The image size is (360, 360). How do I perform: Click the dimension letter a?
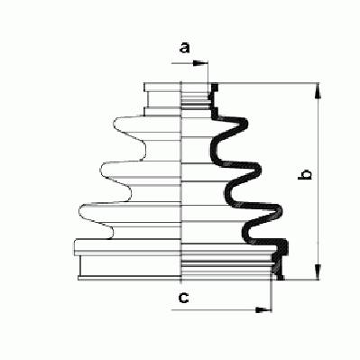coord(184,48)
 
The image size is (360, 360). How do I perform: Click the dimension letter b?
coord(304,175)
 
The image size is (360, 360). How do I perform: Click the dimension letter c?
coord(183,298)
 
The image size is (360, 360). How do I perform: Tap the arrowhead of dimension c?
coord(263,309)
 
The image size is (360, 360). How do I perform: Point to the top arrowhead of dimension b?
coord(318,91)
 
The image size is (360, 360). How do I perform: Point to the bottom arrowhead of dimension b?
coord(318,272)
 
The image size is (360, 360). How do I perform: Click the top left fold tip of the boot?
coord(114,124)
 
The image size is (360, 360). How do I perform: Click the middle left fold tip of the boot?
coord(101,169)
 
